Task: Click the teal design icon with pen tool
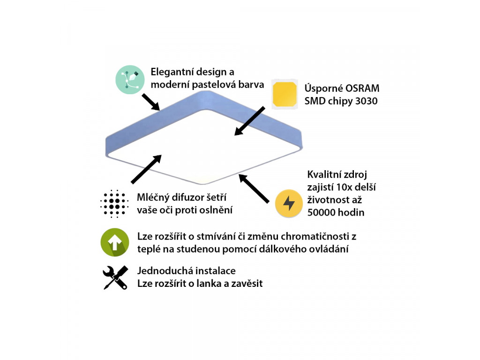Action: click(x=129, y=80)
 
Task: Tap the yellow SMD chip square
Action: click(x=285, y=94)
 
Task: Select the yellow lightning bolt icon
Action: click(x=289, y=203)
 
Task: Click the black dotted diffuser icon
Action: click(x=114, y=204)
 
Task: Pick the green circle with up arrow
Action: click(x=115, y=242)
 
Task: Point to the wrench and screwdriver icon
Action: click(x=115, y=277)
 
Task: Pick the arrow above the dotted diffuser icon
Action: click(x=147, y=169)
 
